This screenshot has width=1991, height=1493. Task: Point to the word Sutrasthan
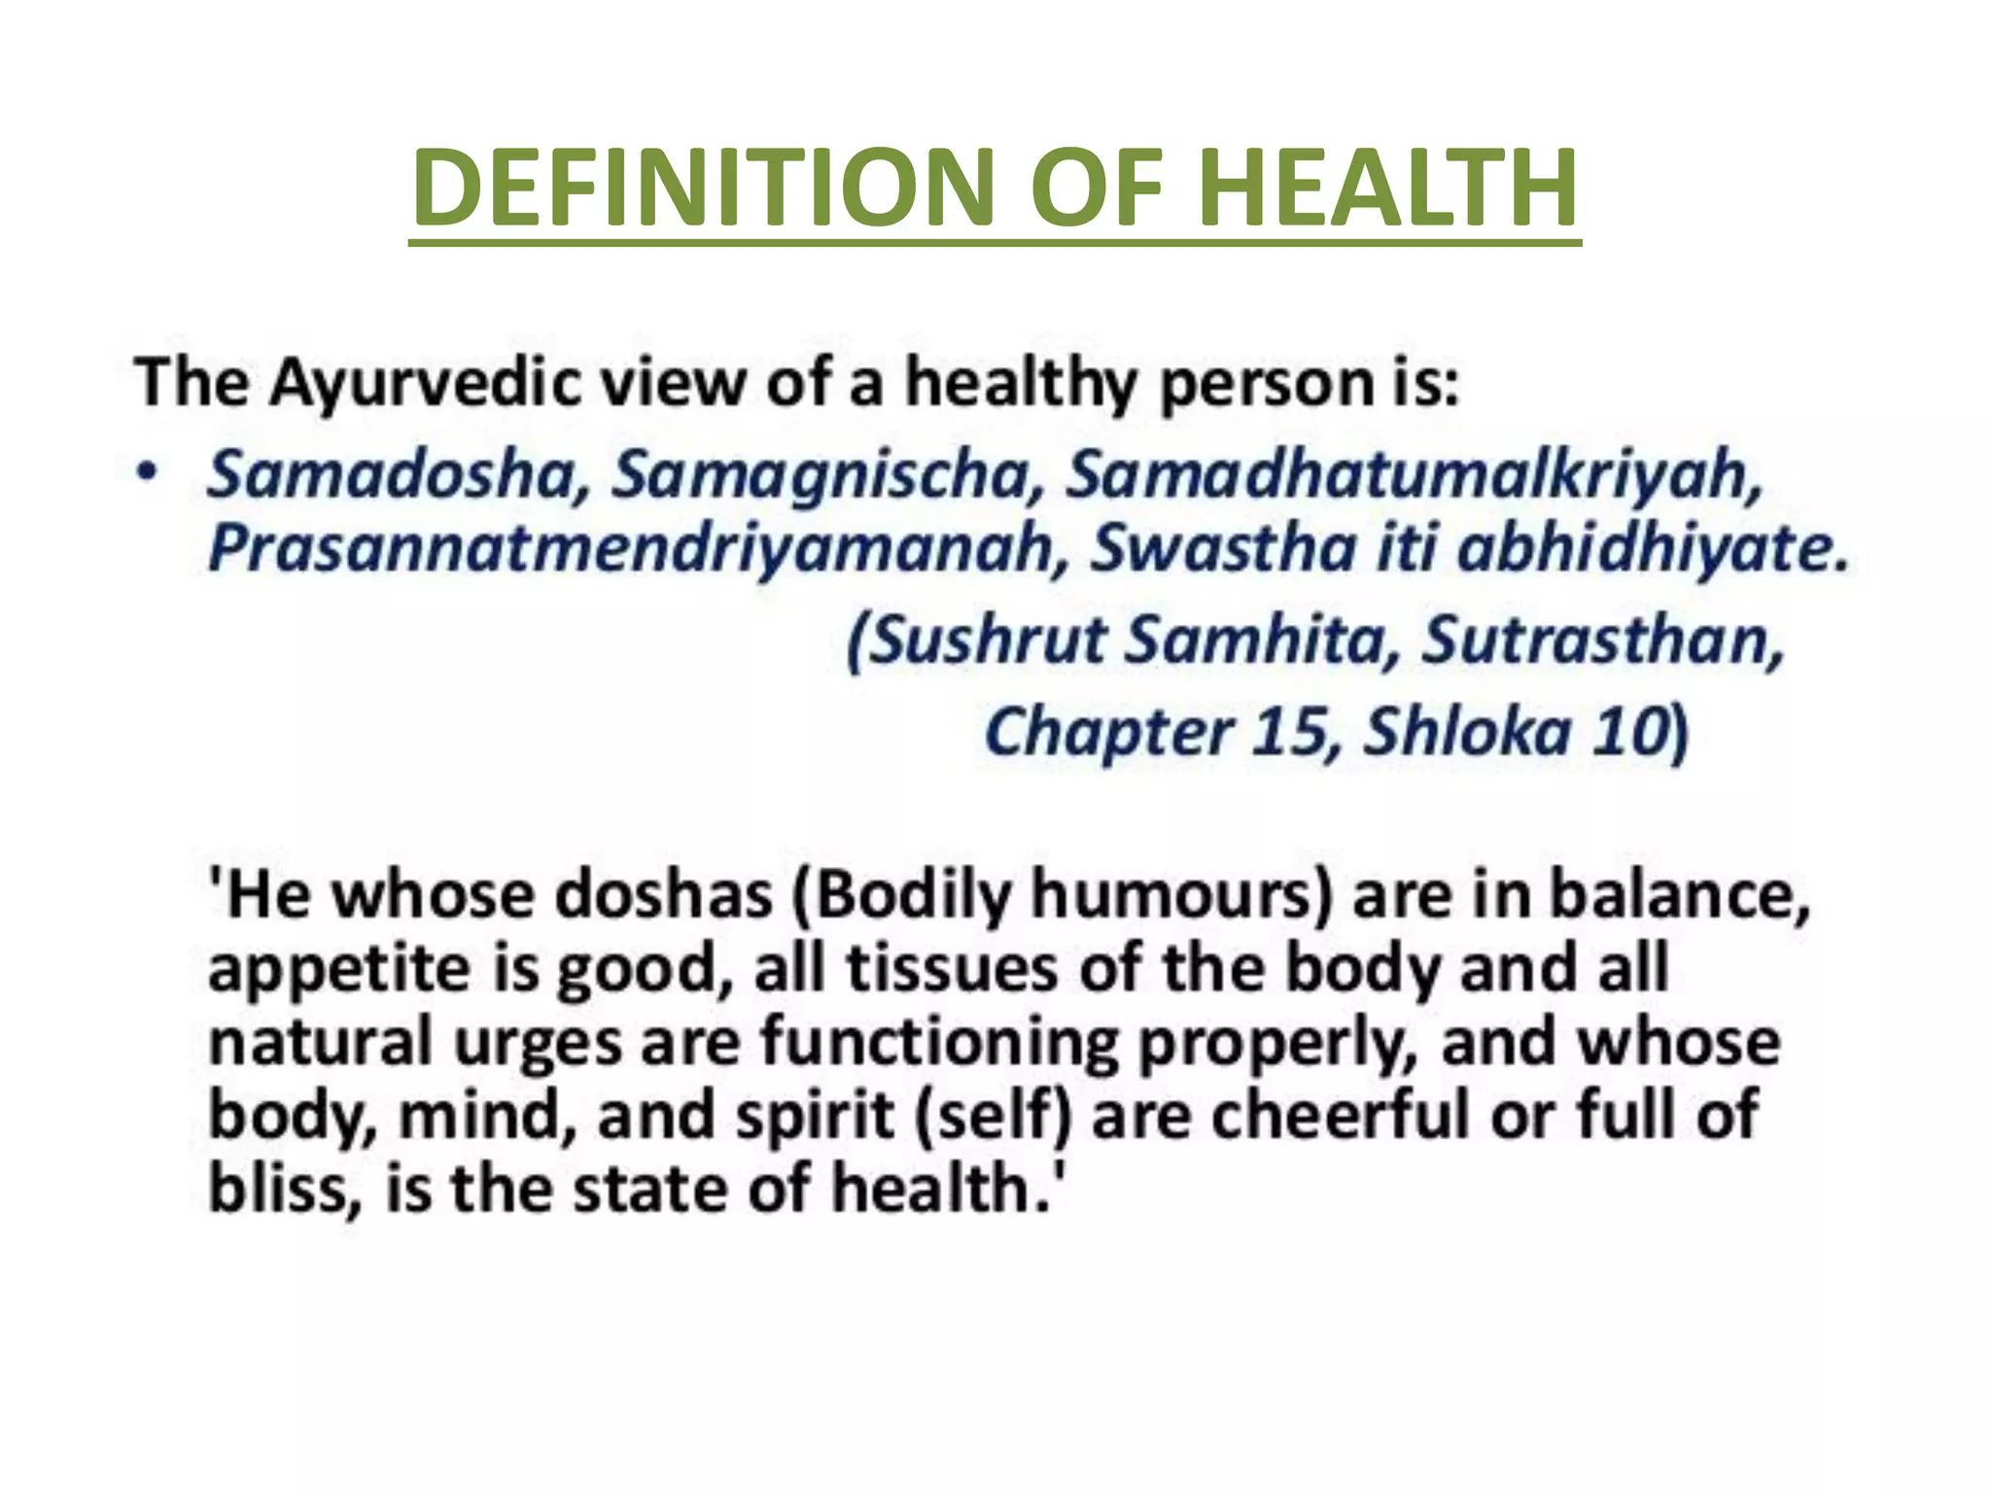pyautogui.click(x=1603, y=642)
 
